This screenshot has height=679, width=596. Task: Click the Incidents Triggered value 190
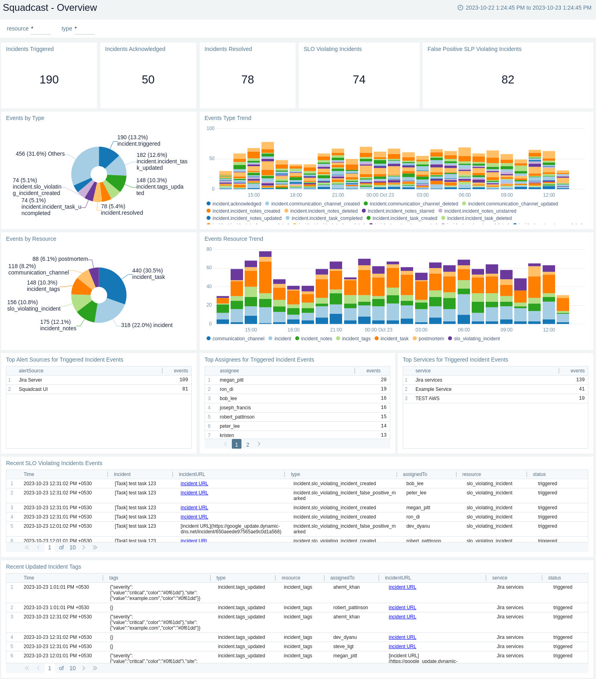click(x=49, y=79)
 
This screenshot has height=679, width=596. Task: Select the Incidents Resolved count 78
click(x=247, y=79)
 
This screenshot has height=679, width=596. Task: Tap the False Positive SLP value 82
click(x=507, y=79)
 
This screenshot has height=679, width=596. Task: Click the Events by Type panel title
click(x=25, y=118)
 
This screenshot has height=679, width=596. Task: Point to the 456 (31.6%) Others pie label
click(x=40, y=154)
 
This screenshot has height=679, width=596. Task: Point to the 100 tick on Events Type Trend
click(x=210, y=128)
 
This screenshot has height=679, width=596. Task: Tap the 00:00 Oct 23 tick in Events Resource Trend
click(x=378, y=330)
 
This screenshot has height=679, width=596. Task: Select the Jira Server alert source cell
click(x=30, y=380)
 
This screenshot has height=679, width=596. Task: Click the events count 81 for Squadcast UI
click(x=185, y=389)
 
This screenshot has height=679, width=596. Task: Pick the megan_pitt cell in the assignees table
click(x=231, y=380)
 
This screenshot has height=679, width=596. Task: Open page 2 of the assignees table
click(x=248, y=445)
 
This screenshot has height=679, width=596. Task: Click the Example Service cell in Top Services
click(x=433, y=389)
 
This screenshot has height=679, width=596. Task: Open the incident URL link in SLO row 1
click(x=194, y=484)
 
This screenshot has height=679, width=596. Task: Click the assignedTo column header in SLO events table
click(x=415, y=474)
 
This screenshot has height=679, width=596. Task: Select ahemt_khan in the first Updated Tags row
click(x=346, y=587)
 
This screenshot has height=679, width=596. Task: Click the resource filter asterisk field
click(x=41, y=29)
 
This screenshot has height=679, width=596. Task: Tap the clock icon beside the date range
click(x=460, y=8)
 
